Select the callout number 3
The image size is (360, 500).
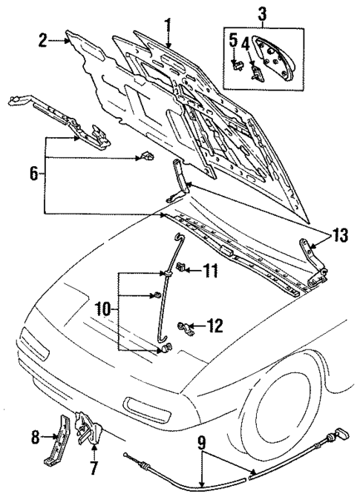(262, 12)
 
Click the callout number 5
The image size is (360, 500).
(232, 39)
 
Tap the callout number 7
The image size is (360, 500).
(93, 469)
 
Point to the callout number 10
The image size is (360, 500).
(105, 306)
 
